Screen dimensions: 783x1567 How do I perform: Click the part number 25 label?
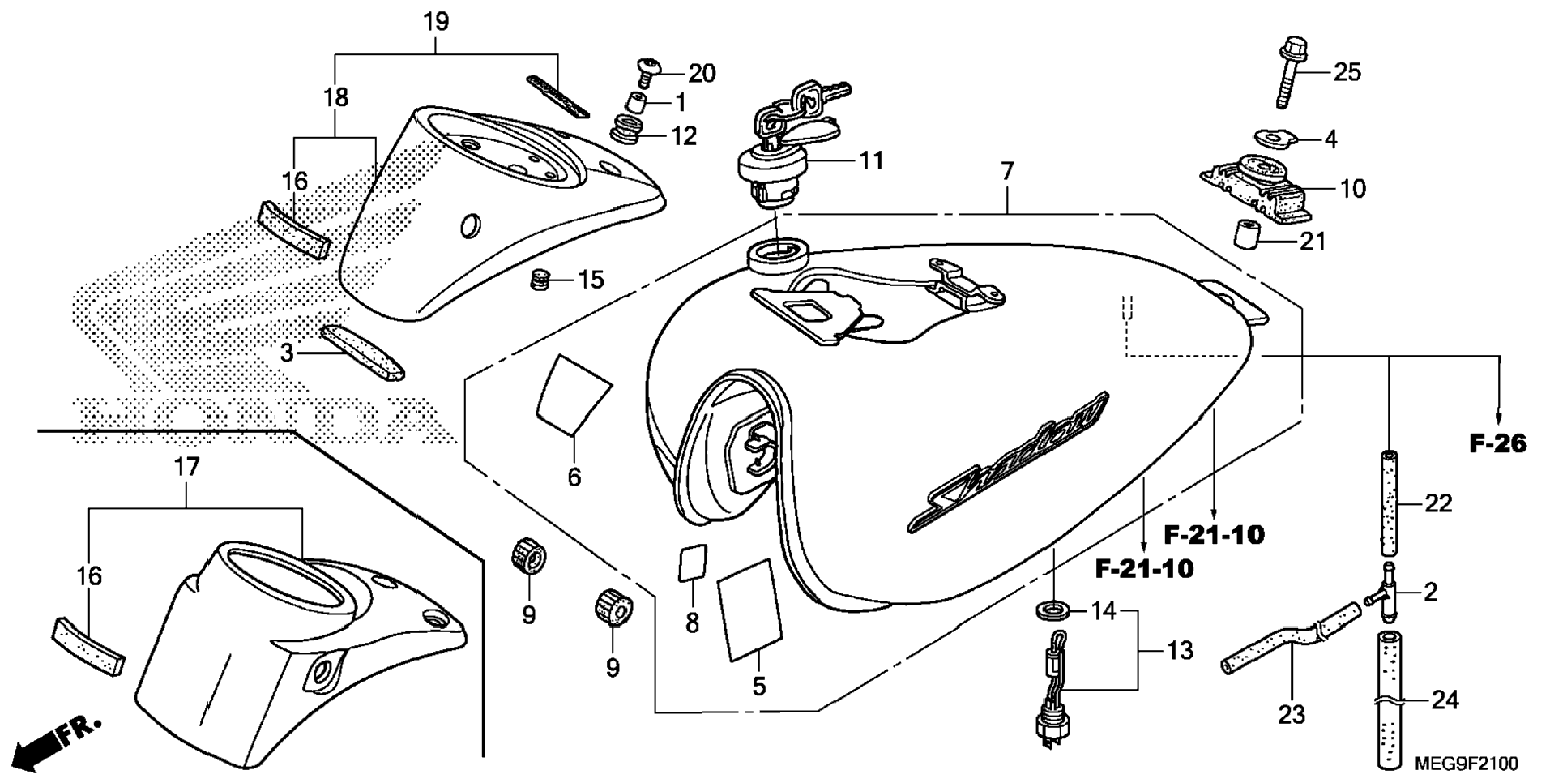pos(1347,72)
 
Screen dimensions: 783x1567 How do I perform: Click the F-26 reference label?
pos(1497,443)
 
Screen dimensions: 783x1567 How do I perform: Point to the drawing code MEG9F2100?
pos(1466,764)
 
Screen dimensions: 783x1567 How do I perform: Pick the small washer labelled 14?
pos(1052,610)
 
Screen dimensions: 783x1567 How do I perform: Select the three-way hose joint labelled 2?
pos(1385,594)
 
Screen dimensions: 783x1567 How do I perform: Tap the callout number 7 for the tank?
pos(1007,172)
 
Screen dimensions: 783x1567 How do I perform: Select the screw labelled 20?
pos(647,72)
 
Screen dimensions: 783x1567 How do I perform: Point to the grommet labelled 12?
pos(627,130)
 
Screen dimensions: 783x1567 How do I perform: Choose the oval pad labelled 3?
pos(362,352)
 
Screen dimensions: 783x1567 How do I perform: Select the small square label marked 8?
pos(691,562)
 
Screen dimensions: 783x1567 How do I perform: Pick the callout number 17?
pos(186,468)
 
